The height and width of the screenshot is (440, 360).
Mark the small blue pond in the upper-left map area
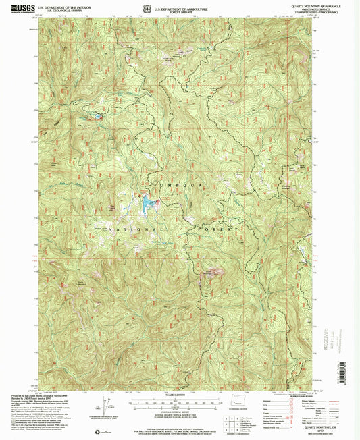(99, 117)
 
